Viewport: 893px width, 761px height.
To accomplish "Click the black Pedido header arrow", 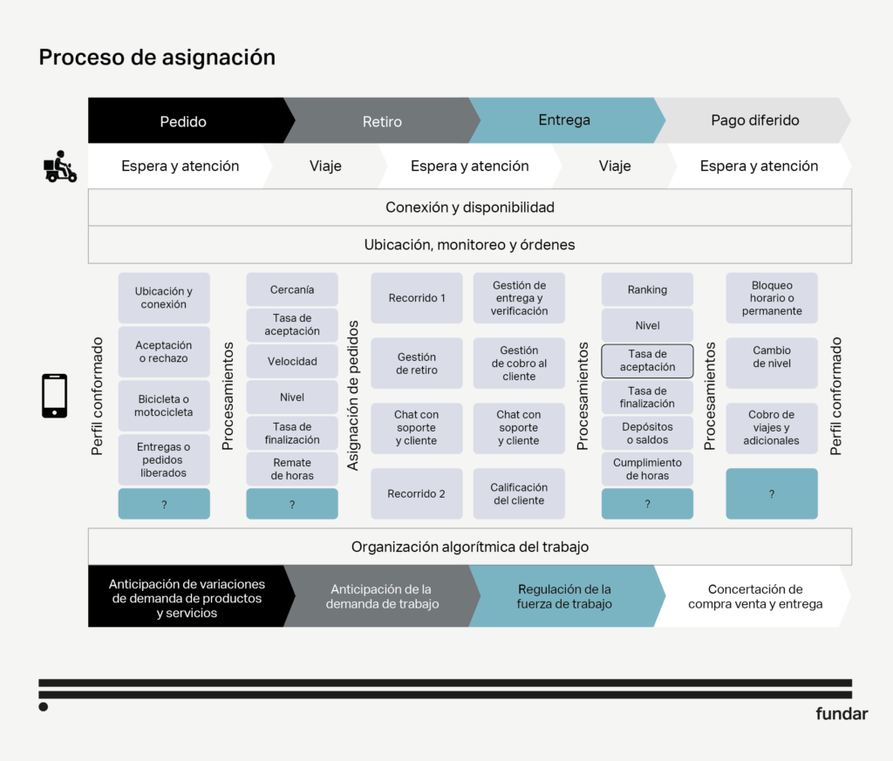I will (x=183, y=121).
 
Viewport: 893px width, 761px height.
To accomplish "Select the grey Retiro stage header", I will (x=382, y=121).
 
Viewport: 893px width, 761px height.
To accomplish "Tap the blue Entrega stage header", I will (x=564, y=120).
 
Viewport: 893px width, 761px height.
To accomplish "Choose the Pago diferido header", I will (x=755, y=120).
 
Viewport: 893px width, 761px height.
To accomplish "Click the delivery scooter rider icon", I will (x=60, y=166).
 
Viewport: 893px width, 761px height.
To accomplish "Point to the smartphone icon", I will (x=54, y=396).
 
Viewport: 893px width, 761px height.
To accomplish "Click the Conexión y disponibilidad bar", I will (x=469, y=207).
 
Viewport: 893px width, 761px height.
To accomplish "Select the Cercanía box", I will (x=292, y=289).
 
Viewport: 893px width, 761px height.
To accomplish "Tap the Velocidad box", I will (x=292, y=361).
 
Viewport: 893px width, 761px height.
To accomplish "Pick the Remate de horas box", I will (x=292, y=469).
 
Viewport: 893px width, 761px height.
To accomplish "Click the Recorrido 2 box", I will (x=417, y=493).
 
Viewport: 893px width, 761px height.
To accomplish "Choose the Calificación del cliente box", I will (x=519, y=493).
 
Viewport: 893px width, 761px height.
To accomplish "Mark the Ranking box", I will (x=647, y=289).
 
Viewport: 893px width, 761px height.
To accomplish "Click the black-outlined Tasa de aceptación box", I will (x=647, y=361).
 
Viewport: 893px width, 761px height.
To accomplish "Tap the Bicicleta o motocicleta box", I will (x=164, y=405).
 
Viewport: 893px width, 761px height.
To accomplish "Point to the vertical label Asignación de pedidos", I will (x=353, y=396).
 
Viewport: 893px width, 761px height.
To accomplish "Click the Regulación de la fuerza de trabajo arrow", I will (x=563, y=596).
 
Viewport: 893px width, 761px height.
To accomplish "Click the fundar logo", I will (x=842, y=714).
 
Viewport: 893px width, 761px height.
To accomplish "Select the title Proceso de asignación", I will (x=157, y=58).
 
